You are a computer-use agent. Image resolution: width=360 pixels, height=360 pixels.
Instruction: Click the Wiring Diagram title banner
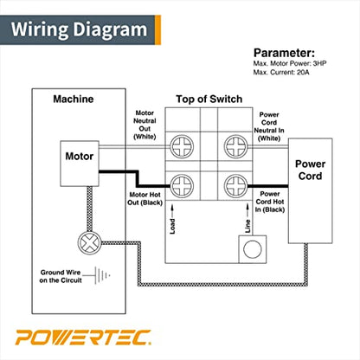(x=80, y=29)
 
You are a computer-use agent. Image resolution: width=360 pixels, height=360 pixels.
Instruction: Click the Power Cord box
(x=310, y=170)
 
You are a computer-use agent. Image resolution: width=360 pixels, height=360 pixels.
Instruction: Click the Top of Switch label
(x=208, y=100)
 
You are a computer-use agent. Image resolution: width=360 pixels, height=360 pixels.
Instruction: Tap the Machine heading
(x=73, y=100)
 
